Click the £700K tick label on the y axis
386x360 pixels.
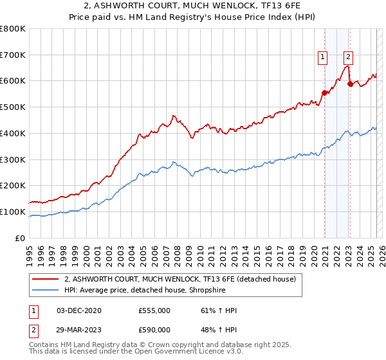click(x=13, y=55)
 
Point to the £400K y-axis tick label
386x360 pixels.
click(x=13, y=133)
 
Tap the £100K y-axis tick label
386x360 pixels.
click(x=13, y=212)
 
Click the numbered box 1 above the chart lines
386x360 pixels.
click(x=322, y=57)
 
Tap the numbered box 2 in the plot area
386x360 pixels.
click(x=347, y=57)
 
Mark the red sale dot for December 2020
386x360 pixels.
click(x=325, y=93)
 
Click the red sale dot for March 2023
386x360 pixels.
click(x=350, y=84)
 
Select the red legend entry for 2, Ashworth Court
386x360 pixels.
click(x=179, y=279)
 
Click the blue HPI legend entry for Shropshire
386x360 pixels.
click(x=151, y=290)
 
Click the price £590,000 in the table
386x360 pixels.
click(x=154, y=331)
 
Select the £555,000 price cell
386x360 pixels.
click(x=154, y=310)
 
